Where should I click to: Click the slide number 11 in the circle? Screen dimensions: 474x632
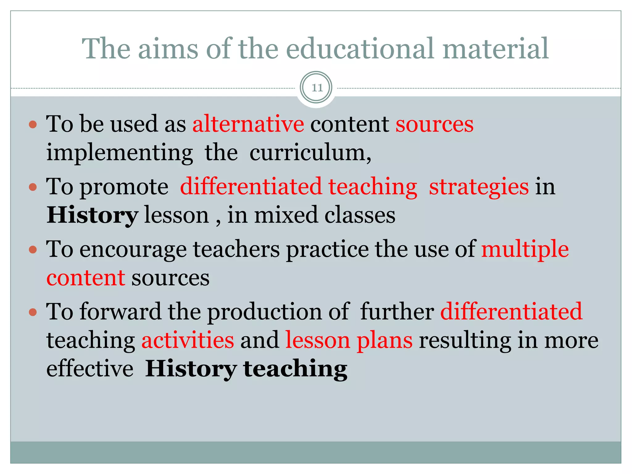tap(317, 88)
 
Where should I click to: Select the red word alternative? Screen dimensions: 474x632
tap(248, 124)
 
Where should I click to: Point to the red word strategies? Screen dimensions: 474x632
tap(479, 187)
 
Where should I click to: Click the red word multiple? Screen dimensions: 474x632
tap(525, 249)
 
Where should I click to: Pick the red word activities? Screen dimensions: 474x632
tap(188, 340)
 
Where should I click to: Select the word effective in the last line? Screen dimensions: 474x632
tap(90, 369)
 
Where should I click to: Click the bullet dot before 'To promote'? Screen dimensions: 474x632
tap(33, 187)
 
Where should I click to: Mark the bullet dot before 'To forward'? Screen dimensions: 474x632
tap(33, 312)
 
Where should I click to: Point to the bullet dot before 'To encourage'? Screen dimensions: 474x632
tap(33, 249)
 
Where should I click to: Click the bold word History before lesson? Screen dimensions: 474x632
tap(92, 215)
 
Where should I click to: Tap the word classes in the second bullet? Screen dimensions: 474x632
tap(360, 215)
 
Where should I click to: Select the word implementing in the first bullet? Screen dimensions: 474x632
tap(120, 153)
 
